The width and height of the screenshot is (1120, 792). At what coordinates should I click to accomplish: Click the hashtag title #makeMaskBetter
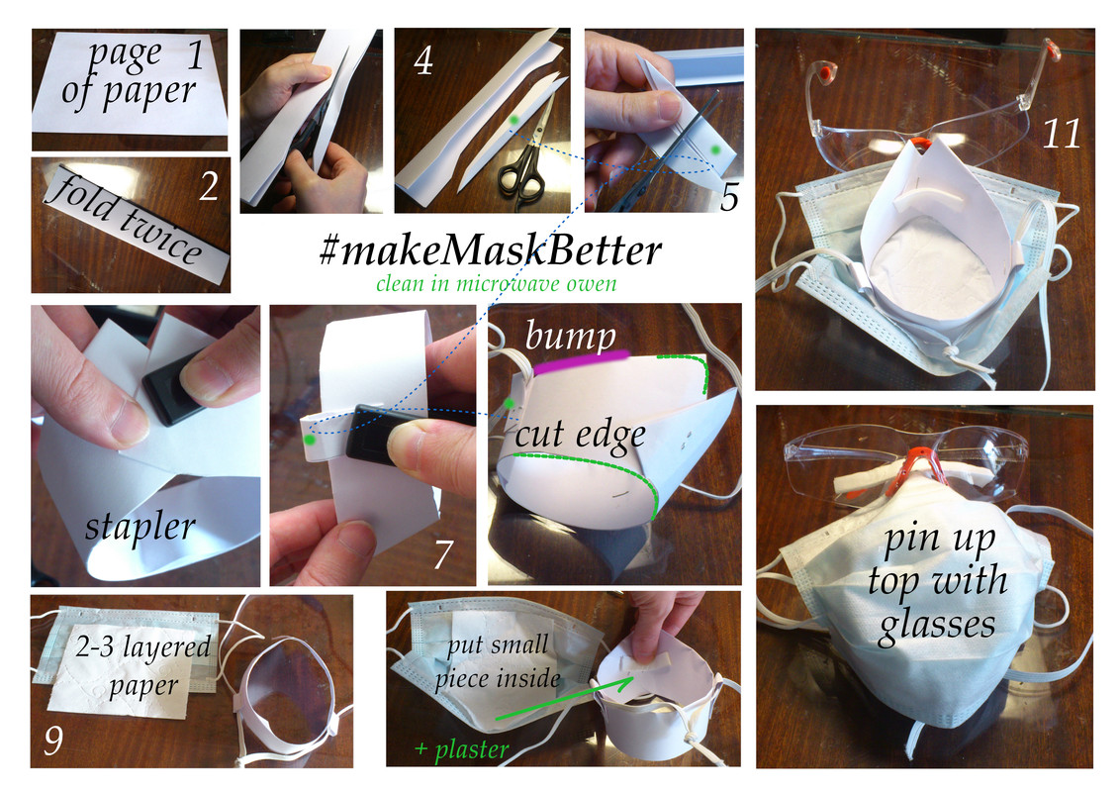tap(490, 250)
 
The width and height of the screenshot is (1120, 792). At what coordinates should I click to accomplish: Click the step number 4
tap(422, 64)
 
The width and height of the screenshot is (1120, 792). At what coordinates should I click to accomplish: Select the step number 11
tap(1062, 134)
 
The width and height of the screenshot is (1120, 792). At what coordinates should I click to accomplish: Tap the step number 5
tap(728, 197)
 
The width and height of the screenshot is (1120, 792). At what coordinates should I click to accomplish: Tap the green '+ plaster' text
tap(461, 749)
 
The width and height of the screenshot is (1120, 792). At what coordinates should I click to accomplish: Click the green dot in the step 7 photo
tap(311, 439)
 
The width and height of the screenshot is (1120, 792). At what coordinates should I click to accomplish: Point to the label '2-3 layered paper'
tap(142, 664)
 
